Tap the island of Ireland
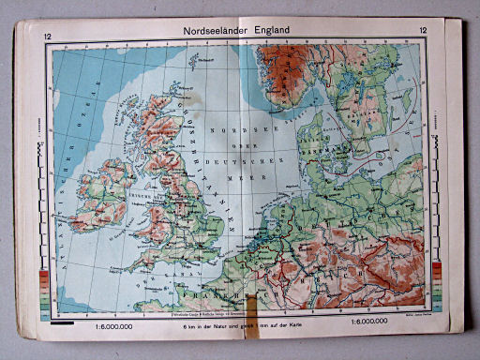point(104,196)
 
